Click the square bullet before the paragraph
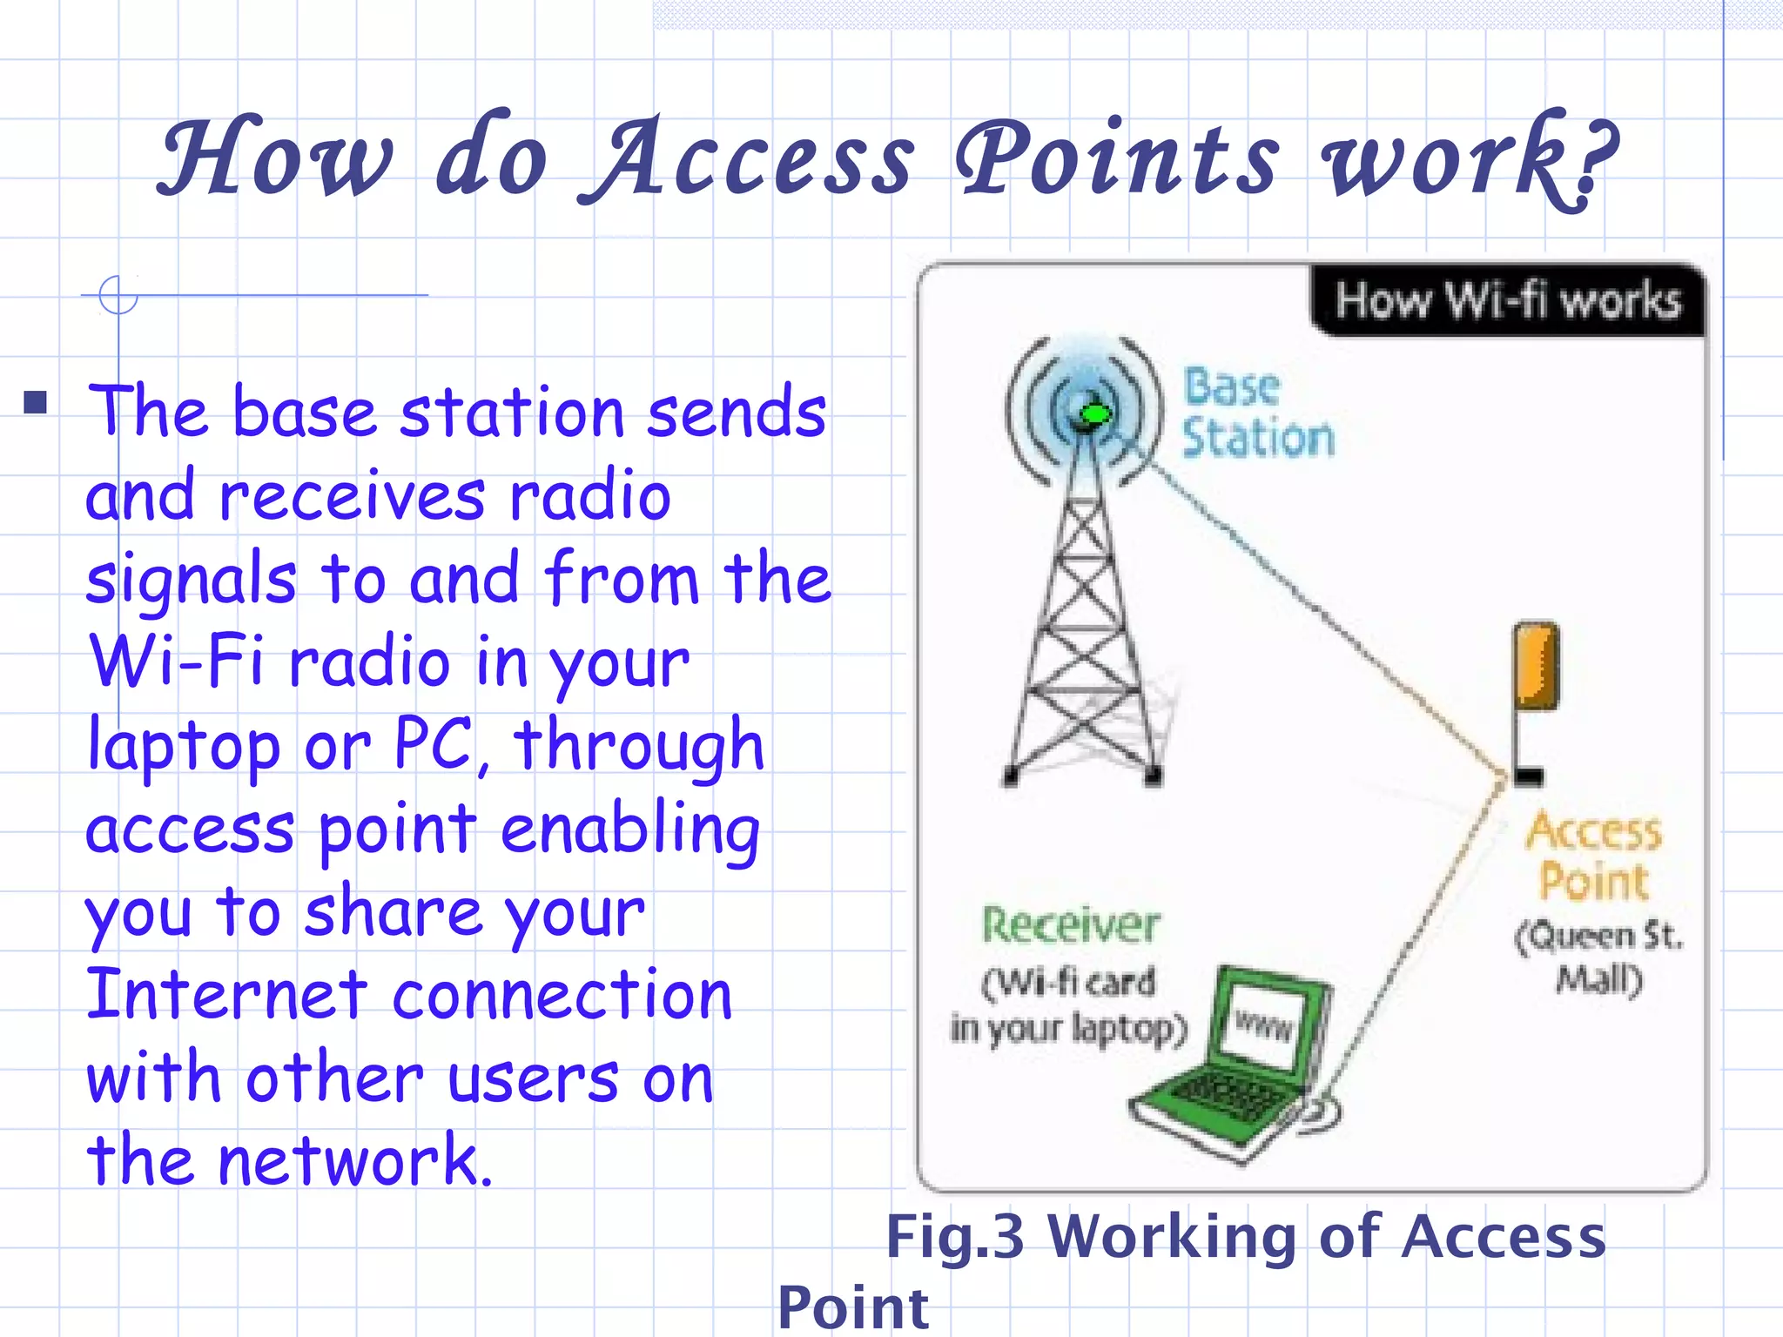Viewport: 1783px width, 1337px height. pos(36,402)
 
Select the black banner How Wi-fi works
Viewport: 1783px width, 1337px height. pos(1506,301)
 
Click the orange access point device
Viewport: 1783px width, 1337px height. pos(1535,666)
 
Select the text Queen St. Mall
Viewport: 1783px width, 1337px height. pos(1598,957)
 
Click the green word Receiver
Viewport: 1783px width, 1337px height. pos(1071,924)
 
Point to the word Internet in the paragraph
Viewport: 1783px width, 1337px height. pos(226,994)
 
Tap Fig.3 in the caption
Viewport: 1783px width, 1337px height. pos(954,1236)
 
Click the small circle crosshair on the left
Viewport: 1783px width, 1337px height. pos(118,295)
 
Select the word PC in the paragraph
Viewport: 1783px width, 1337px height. pos(434,744)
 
